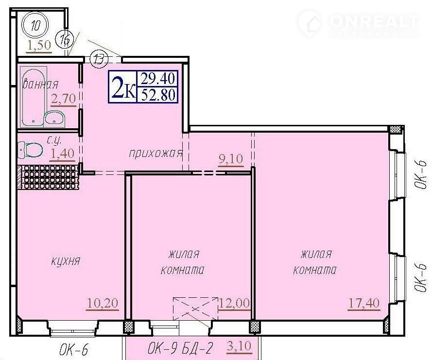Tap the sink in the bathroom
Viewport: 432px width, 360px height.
(54, 119)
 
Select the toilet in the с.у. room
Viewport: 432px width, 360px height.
(30, 150)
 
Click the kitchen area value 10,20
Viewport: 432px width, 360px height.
(103, 303)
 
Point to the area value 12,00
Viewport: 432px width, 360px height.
(234, 303)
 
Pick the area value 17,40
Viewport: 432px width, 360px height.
(364, 303)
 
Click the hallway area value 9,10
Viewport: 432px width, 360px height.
(231, 159)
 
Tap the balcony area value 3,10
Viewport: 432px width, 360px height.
(239, 346)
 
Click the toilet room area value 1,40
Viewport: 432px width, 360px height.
(62, 153)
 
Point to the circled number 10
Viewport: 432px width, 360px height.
(36, 26)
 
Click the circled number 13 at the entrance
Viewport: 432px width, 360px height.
(98, 58)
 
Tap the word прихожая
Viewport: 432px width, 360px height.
(156, 153)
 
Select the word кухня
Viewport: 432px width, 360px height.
(66, 261)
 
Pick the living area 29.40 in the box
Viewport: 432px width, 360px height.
(158, 79)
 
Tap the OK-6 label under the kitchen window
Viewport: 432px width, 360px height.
(74, 350)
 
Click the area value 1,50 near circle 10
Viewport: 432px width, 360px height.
(39, 45)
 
